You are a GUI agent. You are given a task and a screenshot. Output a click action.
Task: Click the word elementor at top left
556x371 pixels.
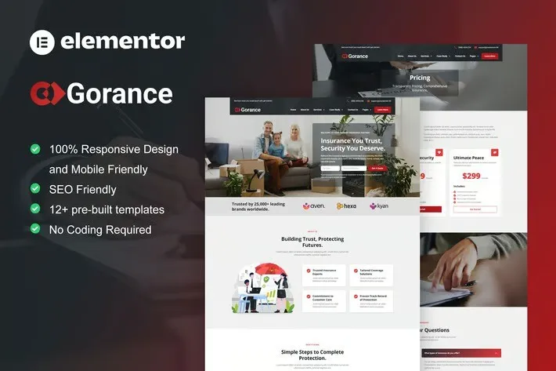click(122, 41)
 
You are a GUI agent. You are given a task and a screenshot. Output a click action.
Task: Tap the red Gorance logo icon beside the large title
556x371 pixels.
click(47, 93)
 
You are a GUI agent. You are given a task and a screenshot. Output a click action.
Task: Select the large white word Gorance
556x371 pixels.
click(120, 93)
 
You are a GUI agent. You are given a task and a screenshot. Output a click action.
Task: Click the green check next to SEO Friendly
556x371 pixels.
click(35, 189)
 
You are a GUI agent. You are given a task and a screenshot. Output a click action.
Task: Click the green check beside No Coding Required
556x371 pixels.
click(35, 229)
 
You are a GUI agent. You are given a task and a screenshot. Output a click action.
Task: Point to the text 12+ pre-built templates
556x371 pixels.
click(107, 209)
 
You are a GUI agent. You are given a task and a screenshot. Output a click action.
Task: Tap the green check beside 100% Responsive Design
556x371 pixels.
click(35, 149)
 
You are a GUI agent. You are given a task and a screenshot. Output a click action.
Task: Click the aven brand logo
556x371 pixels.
click(312, 206)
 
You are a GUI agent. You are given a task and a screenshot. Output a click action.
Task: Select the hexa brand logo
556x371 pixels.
click(346, 206)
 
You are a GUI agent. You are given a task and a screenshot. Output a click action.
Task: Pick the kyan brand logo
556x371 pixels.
click(379, 206)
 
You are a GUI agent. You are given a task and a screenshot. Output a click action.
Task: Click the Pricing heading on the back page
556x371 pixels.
click(420, 78)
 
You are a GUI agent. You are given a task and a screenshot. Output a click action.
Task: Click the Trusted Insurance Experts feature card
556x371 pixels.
click(324, 275)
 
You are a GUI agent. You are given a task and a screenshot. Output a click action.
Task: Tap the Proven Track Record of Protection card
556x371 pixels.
click(371, 300)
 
